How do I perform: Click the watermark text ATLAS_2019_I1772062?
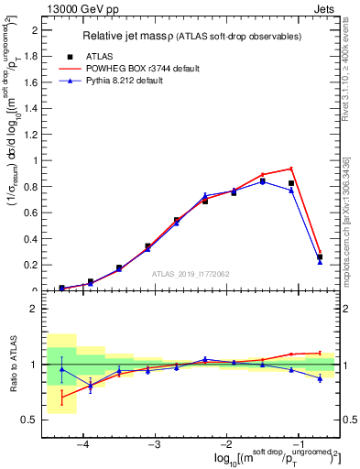[191, 274]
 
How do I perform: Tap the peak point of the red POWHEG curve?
[291, 169]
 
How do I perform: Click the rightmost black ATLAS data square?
[320, 257]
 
